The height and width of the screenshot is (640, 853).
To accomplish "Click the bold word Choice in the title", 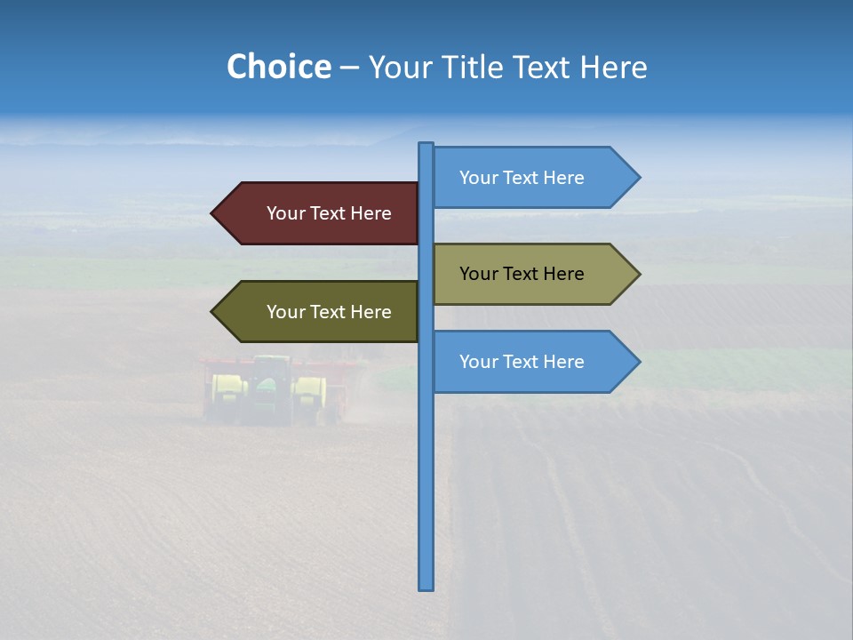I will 278,67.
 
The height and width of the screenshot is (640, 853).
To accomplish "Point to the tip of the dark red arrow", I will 213,213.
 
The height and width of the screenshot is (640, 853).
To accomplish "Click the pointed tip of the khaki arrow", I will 639,274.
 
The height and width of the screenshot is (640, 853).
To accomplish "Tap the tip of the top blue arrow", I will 639,178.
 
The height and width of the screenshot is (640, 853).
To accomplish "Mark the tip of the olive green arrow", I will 213,312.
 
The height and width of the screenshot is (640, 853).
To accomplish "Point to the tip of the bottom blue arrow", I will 639,362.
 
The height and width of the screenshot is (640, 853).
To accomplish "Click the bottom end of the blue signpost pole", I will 426,587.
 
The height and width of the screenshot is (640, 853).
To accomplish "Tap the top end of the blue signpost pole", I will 426,145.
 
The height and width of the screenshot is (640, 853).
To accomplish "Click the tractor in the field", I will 267,389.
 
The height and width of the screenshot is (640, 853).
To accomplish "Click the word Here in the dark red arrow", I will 371,213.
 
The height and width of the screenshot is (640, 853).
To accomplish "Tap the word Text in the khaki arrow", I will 522,274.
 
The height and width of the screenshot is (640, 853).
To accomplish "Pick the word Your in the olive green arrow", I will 285,312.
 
